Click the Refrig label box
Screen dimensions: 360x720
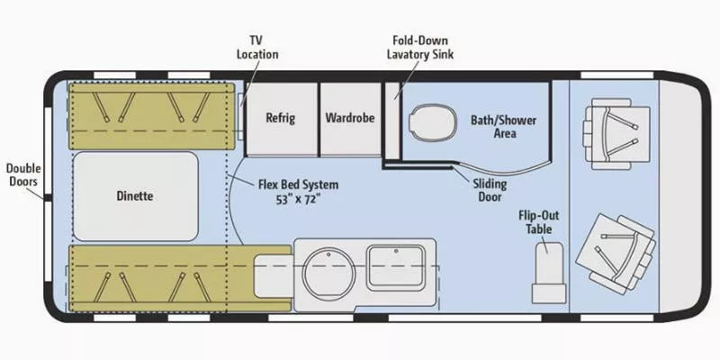pyautogui.click(x=280, y=118)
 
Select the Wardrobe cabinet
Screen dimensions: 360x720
pyautogui.click(x=350, y=118)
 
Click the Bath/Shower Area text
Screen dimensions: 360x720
pyautogui.click(x=493, y=125)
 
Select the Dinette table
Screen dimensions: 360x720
pyautogui.click(x=134, y=195)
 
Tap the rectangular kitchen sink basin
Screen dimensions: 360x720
pyautogui.click(x=397, y=265)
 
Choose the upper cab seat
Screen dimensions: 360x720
pyautogui.click(x=616, y=134)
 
